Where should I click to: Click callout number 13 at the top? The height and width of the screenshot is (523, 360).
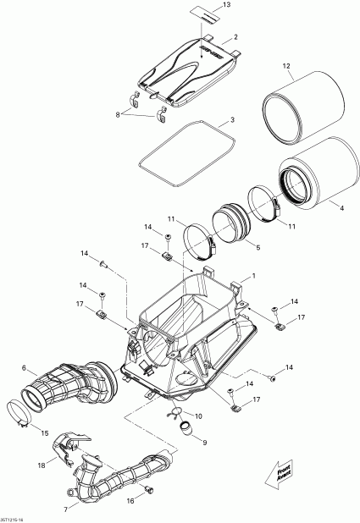pyautogui.click(x=226, y=6)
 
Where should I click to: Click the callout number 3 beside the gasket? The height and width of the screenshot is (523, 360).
pyautogui.click(x=232, y=120)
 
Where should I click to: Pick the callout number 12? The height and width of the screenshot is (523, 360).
pyautogui.click(x=286, y=66)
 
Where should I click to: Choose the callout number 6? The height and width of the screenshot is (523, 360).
pyautogui.click(x=24, y=369)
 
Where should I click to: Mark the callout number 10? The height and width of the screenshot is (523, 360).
pyautogui.click(x=198, y=417)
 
